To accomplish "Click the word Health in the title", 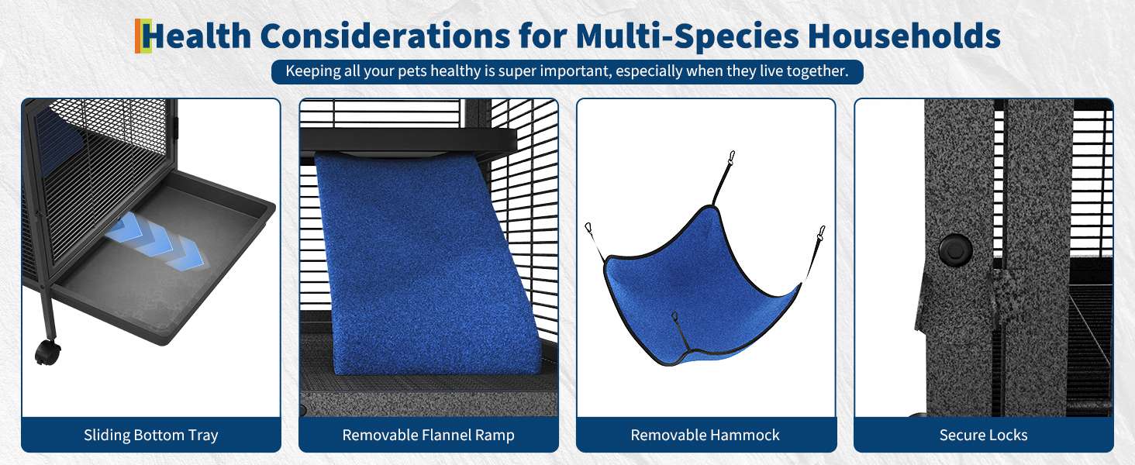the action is (197, 36).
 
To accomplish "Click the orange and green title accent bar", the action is (143, 36).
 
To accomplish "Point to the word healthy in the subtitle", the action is (456, 71).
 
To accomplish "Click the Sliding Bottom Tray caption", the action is (151, 435).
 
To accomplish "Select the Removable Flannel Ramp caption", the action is (429, 435).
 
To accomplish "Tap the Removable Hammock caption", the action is (705, 435).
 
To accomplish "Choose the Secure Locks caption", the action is (984, 435).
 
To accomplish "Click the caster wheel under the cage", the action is (47, 352).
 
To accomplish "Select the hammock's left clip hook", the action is (589, 229).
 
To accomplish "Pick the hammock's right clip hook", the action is (820, 233).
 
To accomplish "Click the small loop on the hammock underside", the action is (674, 317).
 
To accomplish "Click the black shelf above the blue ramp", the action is (409, 139).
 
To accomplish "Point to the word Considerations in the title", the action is (385, 36).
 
